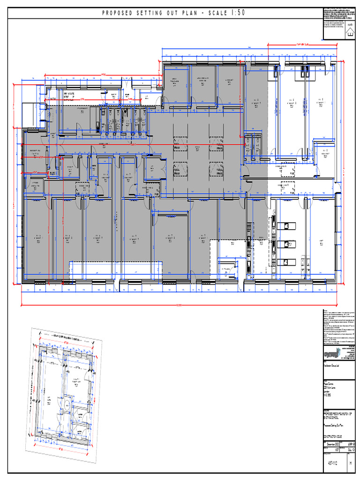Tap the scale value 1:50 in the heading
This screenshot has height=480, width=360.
pyautogui.click(x=236, y=13)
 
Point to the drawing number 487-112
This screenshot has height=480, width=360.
pyautogui.click(x=333, y=464)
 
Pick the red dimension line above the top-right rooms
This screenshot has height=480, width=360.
pyautogui.click(x=300, y=45)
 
